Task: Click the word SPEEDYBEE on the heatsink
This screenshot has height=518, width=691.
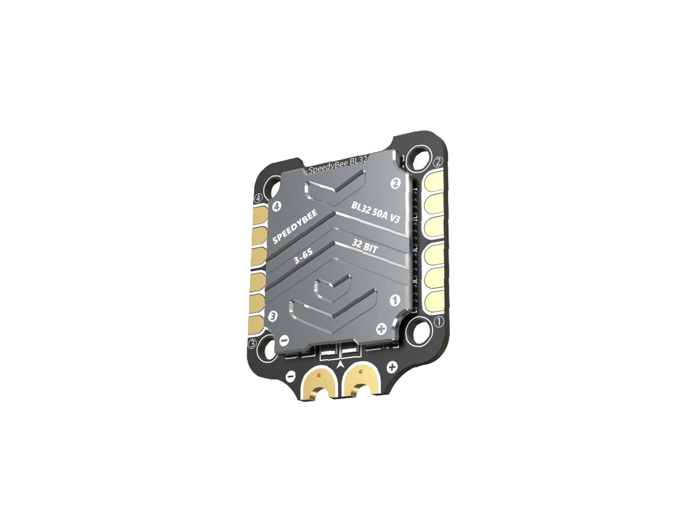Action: pyautogui.click(x=295, y=227)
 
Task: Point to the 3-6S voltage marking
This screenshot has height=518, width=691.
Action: pyautogui.click(x=303, y=257)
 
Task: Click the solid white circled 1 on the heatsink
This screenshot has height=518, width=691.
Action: pyautogui.click(x=395, y=300)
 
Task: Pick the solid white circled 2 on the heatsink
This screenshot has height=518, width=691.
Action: pyautogui.click(x=395, y=183)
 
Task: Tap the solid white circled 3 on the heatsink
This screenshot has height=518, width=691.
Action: pyautogui.click(x=273, y=316)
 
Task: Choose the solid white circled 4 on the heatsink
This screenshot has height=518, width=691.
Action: pyautogui.click(x=276, y=206)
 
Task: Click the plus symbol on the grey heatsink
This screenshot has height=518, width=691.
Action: pyautogui.click(x=381, y=329)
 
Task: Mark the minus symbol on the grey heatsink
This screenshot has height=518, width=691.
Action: pyautogui.click(x=284, y=340)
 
